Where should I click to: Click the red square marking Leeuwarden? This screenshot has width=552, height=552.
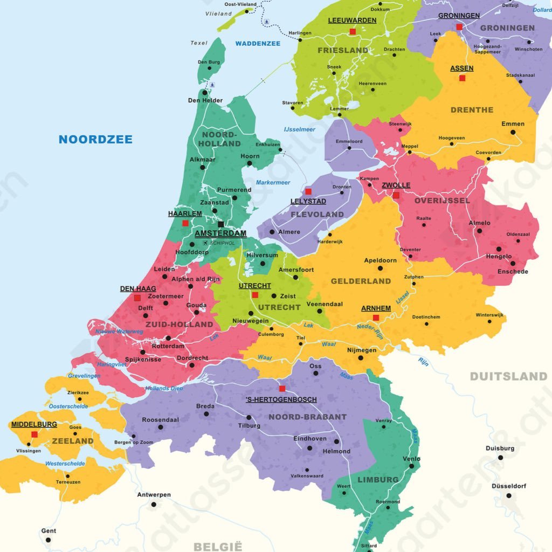pyautogui.click(x=353, y=32)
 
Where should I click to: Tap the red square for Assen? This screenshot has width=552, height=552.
pyautogui.click(x=462, y=78)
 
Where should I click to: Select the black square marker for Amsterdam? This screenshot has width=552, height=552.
pyautogui.click(x=220, y=224)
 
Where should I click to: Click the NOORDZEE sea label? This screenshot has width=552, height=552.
pyautogui.click(x=95, y=140)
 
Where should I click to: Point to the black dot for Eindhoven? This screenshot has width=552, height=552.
pyautogui.click(x=309, y=448)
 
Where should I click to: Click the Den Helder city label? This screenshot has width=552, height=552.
pyautogui.click(x=205, y=100)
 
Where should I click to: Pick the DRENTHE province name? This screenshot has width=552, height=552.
pyautogui.click(x=472, y=110)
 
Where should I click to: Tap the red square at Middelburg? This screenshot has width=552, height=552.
pyautogui.click(x=34, y=434)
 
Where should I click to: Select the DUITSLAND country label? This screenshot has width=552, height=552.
pyautogui.click(x=508, y=376)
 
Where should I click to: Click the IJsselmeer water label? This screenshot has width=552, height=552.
pyautogui.click(x=300, y=129)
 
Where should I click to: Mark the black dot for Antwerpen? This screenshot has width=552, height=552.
pyautogui.click(x=154, y=505)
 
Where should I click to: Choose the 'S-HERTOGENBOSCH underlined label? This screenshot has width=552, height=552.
pyautogui.click(x=281, y=399)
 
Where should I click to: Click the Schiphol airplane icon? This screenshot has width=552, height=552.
pyautogui.click(x=205, y=243)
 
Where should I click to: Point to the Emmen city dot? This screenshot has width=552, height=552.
pyautogui.click(x=513, y=132)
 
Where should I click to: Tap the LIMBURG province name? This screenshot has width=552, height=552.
pyautogui.click(x=378, y=480)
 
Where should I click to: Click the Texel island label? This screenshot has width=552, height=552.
pyautogui.click(x=199, y=43)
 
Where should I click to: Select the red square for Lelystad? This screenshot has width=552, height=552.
pyautogui.click(x=308, y=191)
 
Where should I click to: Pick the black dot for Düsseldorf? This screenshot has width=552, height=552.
pyautogui.click(x=508, y=496)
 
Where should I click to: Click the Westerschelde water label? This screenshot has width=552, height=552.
pyautogui.click(x=65, y=464)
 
